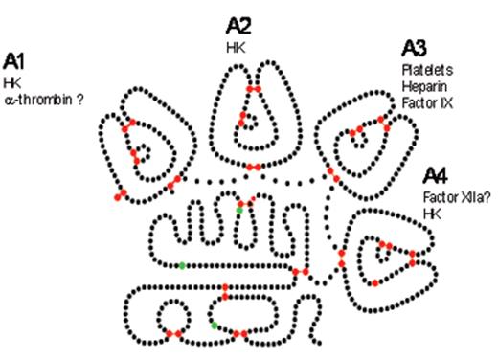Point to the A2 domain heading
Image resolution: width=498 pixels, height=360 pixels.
239,24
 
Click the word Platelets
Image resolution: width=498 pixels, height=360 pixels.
426,70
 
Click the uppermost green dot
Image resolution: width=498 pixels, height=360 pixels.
239,208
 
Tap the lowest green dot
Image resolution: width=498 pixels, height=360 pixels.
215,326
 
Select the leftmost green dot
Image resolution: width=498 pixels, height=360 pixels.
182,264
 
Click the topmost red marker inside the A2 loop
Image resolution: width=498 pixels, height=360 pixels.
253,88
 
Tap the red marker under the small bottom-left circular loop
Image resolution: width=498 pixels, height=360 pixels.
173,333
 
